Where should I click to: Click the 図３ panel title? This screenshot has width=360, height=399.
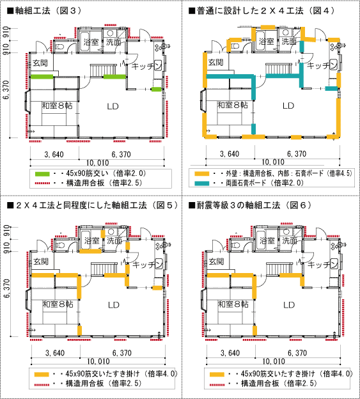pyautogui.click(x=45, y=11)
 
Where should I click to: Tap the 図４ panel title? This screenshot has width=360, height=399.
pyautogui.click(x=262, y=11)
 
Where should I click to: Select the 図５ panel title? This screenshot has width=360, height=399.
pyautogui.click(x=93, y=205)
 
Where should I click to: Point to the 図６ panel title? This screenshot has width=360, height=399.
pyautogui.click(x=251, y=205)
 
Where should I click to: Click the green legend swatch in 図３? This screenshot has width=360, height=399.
pyautogui.click(x=42, y=174)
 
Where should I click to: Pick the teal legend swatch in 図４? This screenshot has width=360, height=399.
pyautogui.click(x=202, y=184)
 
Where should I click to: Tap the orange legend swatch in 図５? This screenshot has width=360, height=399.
pyautogui.click(x=42, y=374)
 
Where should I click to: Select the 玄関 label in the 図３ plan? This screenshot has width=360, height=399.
pyautogui.click(x=40, y=63)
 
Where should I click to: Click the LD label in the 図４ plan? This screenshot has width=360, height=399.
pyautogui.click(x=288, y=106)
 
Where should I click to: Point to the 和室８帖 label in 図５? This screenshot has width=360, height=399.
pyautogui.click(x=58, y=304)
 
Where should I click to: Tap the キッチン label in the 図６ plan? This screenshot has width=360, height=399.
pyautogui.click(x=322, y=264)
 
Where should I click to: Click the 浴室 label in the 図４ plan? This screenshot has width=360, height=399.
pyautogui.click(x=267, y=42)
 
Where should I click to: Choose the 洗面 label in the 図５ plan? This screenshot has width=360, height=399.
pyautogui.click(x=114, y=240)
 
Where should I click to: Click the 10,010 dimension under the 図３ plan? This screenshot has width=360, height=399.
pyautogui.click(x=97, y=162)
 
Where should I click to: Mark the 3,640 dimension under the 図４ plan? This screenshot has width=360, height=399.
pyautogui.click(x=230, y=154)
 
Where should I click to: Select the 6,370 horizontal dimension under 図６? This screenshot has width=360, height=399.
pyautogui.click(x=297, y=353)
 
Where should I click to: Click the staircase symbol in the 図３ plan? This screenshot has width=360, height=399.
pyautogui.click(x=104, y=70)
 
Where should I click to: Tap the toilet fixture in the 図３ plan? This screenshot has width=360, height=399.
pyautogui.click(x=59, y=47)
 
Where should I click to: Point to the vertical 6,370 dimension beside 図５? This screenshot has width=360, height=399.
pyautogui.click(x=6, y=288)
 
